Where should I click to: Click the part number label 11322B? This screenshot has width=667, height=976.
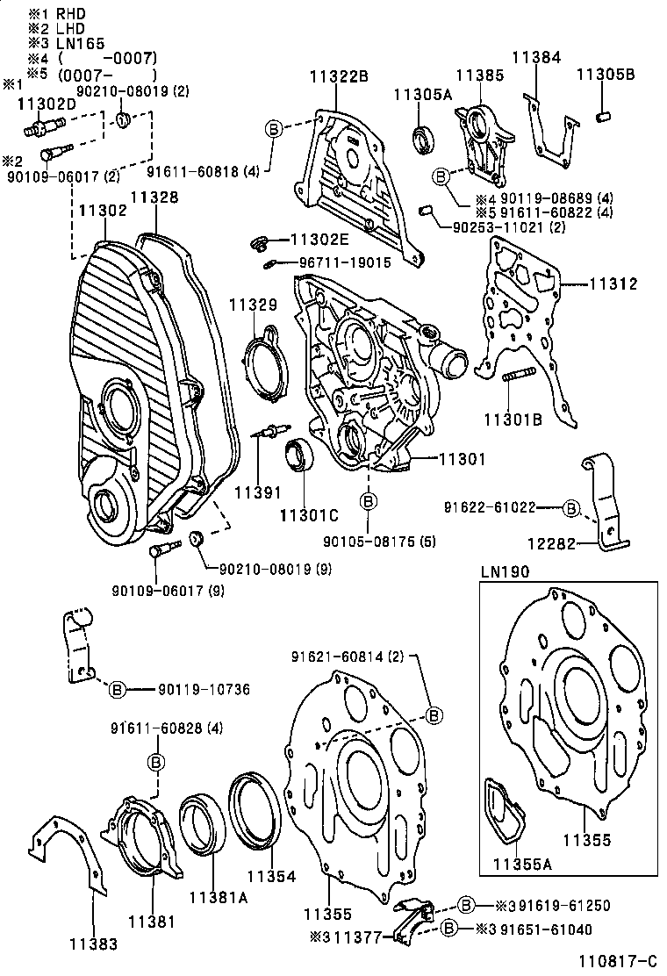(x=338, y=75)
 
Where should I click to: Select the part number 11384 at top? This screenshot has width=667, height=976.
(x=536, y=58)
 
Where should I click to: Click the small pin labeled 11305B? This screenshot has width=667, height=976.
(x=604, y=117)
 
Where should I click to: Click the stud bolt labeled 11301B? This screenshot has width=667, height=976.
(x=519, y=378)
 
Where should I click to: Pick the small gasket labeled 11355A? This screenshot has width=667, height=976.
(x=504, y=807)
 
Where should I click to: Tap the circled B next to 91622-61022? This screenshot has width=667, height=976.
(x=570, y=507)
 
